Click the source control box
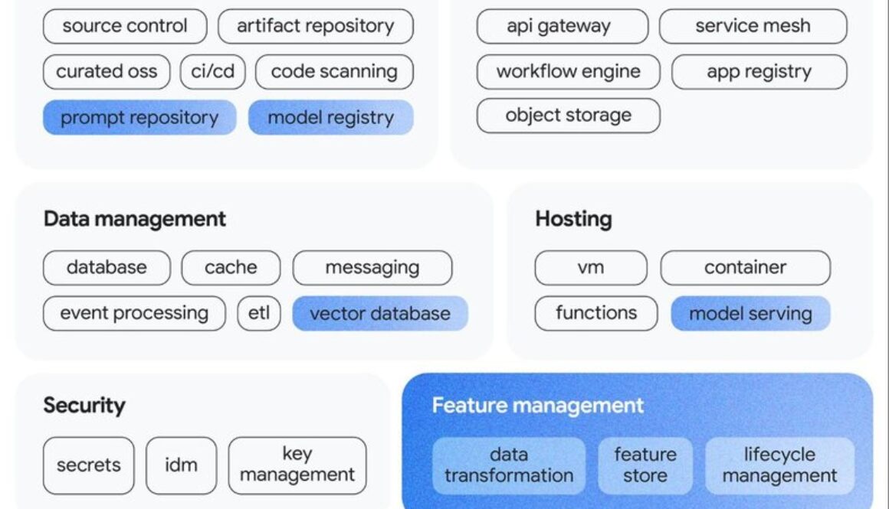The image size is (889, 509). (125, 26)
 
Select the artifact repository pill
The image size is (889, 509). (315, 26)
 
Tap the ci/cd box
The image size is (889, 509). (212, 72)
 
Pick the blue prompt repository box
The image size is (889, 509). (139, 118)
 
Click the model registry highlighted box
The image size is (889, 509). (330, 118)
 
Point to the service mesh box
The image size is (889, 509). (753, 26)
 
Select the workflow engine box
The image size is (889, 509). (568, 72)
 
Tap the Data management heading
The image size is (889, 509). (135, 219)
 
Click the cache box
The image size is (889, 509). (231, 267)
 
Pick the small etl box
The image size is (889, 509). (259, 313)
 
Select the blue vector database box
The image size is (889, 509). (380, 313)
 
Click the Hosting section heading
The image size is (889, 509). (573, 219)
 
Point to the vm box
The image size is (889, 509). (590, 267)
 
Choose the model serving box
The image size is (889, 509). (750, 313)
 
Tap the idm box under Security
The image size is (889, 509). (181, 465)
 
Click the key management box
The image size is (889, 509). (297, 465)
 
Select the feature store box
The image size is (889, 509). (645, 465)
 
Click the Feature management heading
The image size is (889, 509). (538, 405)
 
